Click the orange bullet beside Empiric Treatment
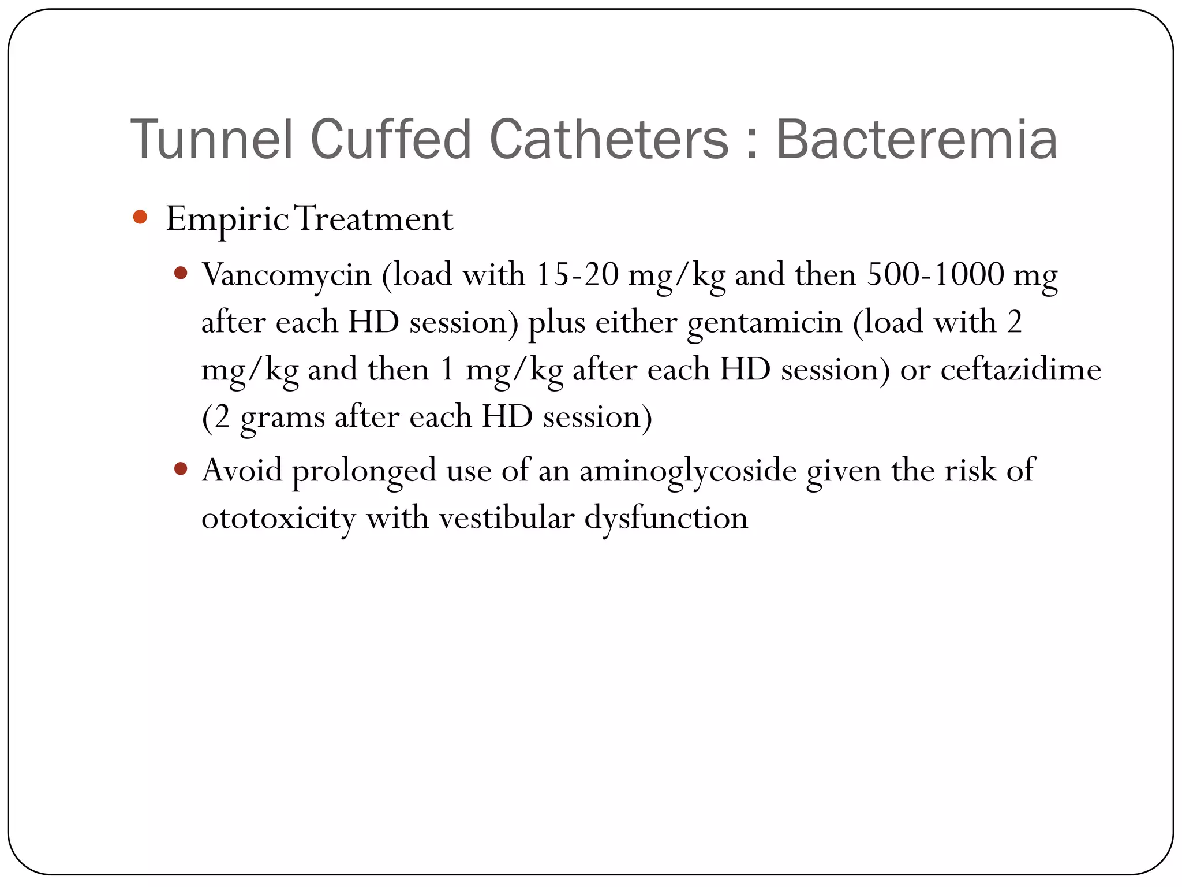[x=140, y=217]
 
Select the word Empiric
[x=227, y=219]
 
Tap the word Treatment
[x=375, y=219]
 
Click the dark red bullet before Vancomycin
[x=181, y=273]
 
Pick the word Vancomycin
[x=286, y=275]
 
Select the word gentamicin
[x=765, y=322]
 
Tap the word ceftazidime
[x=1020, y=369]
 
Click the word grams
[x=282, y=418]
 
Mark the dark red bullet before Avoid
[x=181, y=468]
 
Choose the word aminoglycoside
[x=688, y=471]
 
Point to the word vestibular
[x=507, y=517]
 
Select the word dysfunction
[x=666, y=518]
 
